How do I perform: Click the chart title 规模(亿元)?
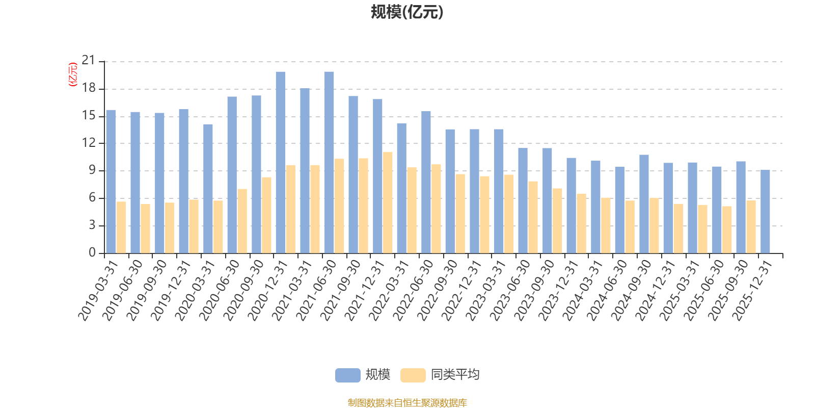(x=407, y=12)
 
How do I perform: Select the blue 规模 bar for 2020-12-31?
(x=281, y=163)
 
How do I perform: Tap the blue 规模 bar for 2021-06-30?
(x=329, y=163)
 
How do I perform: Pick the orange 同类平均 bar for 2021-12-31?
(x=388, y=202)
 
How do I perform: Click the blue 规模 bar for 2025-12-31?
(x=765, y=211)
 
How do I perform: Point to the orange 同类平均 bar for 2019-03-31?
(x=121, y=227)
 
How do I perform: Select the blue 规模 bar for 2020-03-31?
(x=208, y=189)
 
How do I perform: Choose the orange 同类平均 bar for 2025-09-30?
(x=751, y=226)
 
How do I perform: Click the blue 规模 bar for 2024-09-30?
(x=644, y=204)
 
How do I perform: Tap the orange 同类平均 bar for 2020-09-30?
(x=266, y=215)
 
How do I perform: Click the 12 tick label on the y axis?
(x=89, y=143)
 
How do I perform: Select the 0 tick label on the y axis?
(x=92, y=252)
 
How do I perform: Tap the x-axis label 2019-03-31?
(x=98, y=291)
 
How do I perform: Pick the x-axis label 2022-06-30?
(x=413, y=291)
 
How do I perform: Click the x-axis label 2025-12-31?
(x=752, y=291)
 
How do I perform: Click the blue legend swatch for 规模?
(x=347, y=375)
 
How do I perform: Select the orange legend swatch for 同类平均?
(x=413, y=375)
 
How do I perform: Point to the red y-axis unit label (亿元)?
(x=73, y=74)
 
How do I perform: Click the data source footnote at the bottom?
(x=407, y=402)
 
